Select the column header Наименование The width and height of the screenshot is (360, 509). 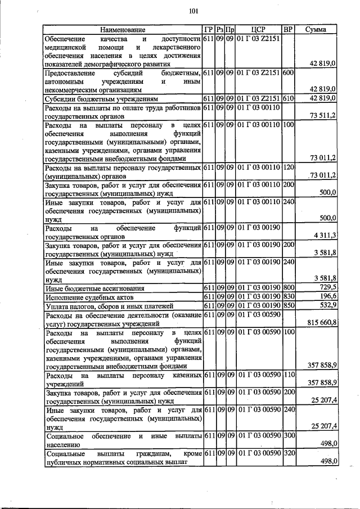(x=123, y=29)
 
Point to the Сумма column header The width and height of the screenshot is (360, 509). (x=316, y=29)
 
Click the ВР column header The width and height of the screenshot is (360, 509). (x=287, y=29)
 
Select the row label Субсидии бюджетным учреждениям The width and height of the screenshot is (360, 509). (x=93, y=98)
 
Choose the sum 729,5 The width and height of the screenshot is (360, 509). (x=326, y=287)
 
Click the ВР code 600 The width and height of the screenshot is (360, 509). (x=287, y=73)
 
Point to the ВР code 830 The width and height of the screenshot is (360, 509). (x=287, y=296)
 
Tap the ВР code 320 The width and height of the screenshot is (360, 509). (x=287, y=453)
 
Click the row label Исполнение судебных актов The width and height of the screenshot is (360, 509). (x=84, y=296)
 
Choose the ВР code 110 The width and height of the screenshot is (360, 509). (x=287, y=375)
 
